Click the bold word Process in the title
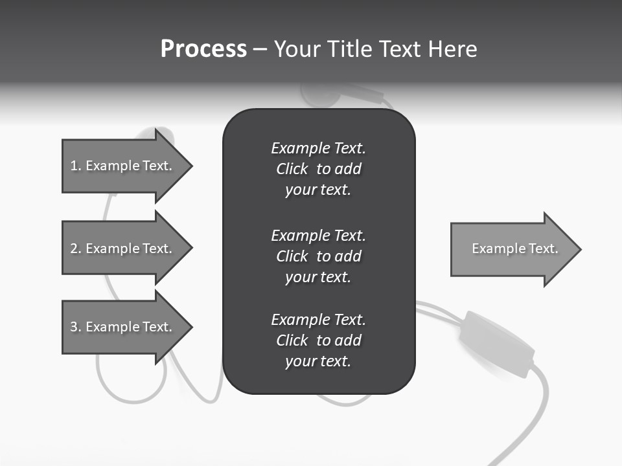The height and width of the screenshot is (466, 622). (203, 49)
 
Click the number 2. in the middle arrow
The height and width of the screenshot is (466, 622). (76, 249)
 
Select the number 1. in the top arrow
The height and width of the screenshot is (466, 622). (76, 166)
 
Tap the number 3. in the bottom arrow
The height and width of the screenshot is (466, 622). (76, 327)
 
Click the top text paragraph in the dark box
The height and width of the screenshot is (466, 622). (318, 169)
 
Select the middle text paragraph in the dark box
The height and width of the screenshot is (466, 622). (318, 256)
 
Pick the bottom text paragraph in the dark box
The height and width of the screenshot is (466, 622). (318, 340)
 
